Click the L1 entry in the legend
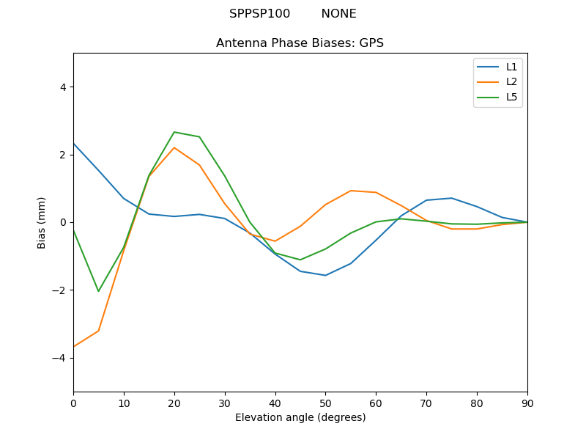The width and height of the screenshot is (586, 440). pos(511,67)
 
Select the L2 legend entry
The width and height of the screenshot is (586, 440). pos(511,81)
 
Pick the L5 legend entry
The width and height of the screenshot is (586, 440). pos(511,97)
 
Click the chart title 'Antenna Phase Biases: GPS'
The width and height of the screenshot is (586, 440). pos(300,43)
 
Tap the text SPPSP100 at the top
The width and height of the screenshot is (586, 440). pos(259,14)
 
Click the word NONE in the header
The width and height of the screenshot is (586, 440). pos(338,14)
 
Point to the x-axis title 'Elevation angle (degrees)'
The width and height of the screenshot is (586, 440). pos(300,418)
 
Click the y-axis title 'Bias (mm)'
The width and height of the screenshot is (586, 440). pos(42,222)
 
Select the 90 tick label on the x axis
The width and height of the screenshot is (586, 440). pos(527,403)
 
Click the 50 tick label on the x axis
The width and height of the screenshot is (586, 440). pos(325,403)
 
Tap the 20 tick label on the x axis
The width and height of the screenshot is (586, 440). pos(174,403)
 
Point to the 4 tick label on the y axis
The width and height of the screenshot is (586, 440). pos(62,87)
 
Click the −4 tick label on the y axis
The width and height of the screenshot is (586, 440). pos(59,358)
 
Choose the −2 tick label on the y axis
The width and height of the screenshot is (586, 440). pos(59,290)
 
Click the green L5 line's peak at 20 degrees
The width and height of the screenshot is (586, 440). pos(174,132)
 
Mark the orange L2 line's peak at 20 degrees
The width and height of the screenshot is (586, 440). pos(174,147)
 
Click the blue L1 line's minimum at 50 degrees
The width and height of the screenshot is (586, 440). pos(325,275)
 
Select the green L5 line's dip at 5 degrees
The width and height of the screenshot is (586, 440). pos(98,291)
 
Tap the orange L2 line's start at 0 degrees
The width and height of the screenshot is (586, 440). pos(74,347)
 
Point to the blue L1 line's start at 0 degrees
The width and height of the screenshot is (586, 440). pos(74,144)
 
